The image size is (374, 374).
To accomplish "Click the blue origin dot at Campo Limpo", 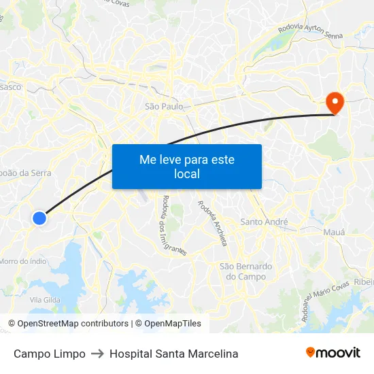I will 39,218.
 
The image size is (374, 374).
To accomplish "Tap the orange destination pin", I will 335,103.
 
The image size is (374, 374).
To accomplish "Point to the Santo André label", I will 265,222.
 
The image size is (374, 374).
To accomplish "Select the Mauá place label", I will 333,232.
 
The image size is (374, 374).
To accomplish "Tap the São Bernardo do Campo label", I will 245,271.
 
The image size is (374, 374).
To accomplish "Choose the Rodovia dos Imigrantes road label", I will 174,224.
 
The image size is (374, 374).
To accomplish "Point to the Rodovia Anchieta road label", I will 213,223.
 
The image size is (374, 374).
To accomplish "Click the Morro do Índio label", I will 22,260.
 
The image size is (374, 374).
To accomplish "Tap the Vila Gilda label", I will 45,300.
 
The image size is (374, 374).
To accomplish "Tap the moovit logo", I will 333,352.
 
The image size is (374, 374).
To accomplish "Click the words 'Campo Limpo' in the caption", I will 50,354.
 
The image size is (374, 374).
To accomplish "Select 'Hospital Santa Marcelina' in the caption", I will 173,354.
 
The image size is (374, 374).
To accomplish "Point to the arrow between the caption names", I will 97,354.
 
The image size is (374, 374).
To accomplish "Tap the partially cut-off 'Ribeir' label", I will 364,282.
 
